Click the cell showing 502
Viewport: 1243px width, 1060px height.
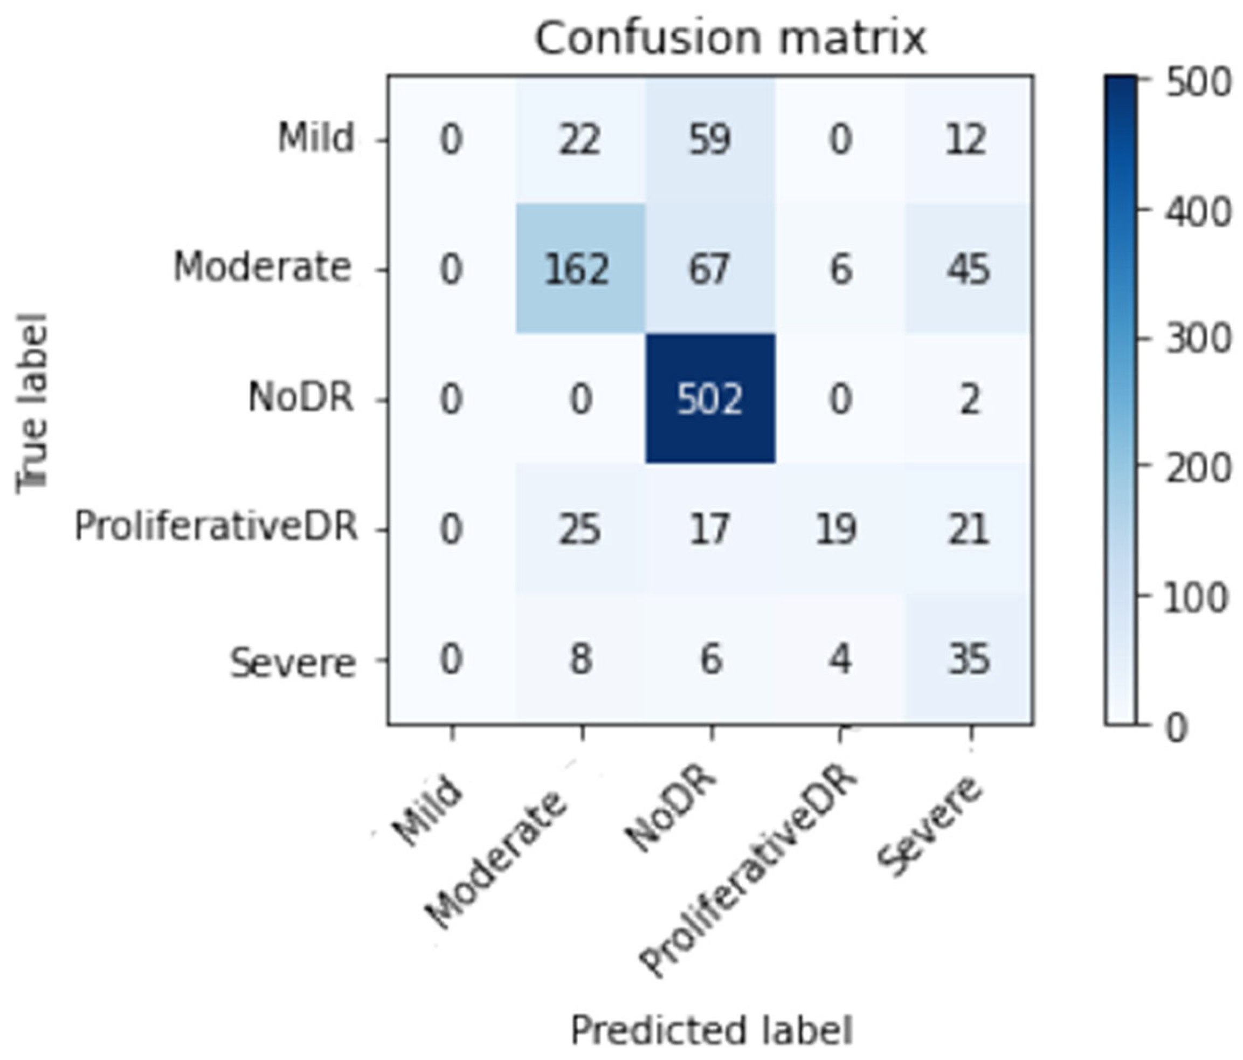[x=710, y=400]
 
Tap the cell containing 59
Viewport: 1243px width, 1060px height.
[x=710, y=139]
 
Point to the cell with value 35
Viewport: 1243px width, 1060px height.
[x=968, y=659]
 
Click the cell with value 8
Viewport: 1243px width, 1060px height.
[x=579, y=659]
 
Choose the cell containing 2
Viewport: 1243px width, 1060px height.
[x=968, y=400]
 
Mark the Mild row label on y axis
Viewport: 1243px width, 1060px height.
[x=315, y=138]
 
